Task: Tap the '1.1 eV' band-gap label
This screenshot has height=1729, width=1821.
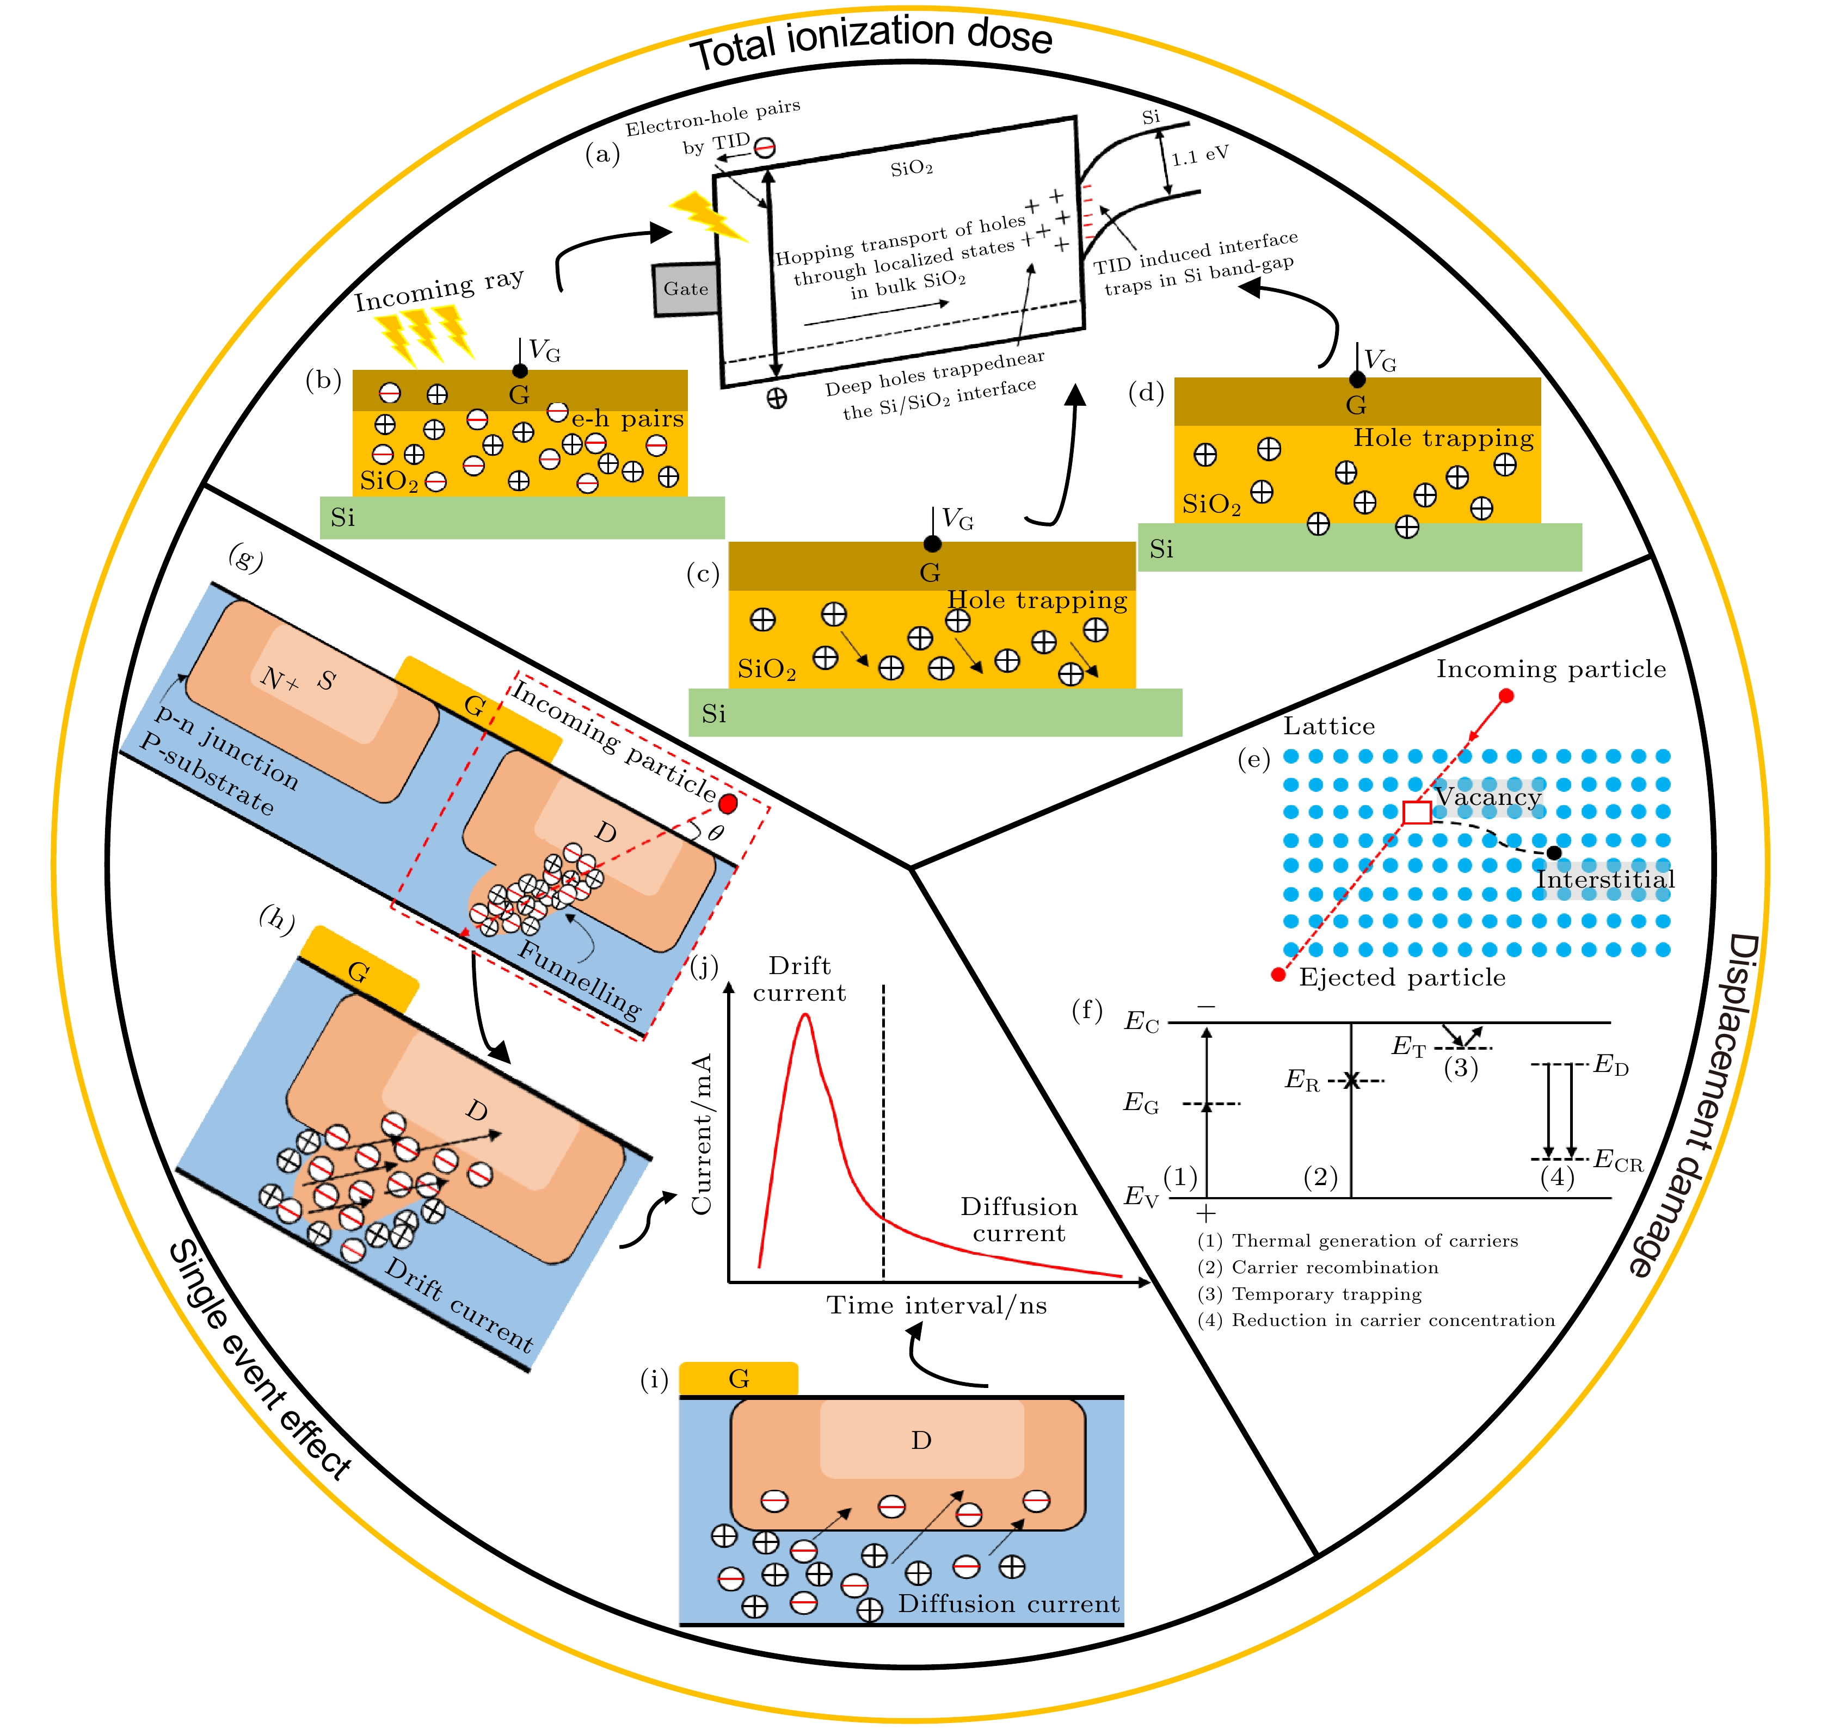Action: coord(1199,156)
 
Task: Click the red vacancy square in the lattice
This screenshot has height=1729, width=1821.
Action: coord(1416,812)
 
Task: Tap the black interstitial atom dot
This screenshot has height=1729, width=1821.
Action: coord(1554,852)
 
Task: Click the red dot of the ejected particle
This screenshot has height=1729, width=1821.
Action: coord(1278,974)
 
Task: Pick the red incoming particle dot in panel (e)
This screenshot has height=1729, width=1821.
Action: coord(1506,696)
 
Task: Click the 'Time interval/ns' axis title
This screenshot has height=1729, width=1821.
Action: coord(936,1305)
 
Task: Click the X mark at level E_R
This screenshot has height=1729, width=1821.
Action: coord(1351,1080)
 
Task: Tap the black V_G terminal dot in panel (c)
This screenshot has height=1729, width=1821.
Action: coord(932,544)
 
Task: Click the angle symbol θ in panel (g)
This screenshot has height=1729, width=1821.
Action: coord(716,833)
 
